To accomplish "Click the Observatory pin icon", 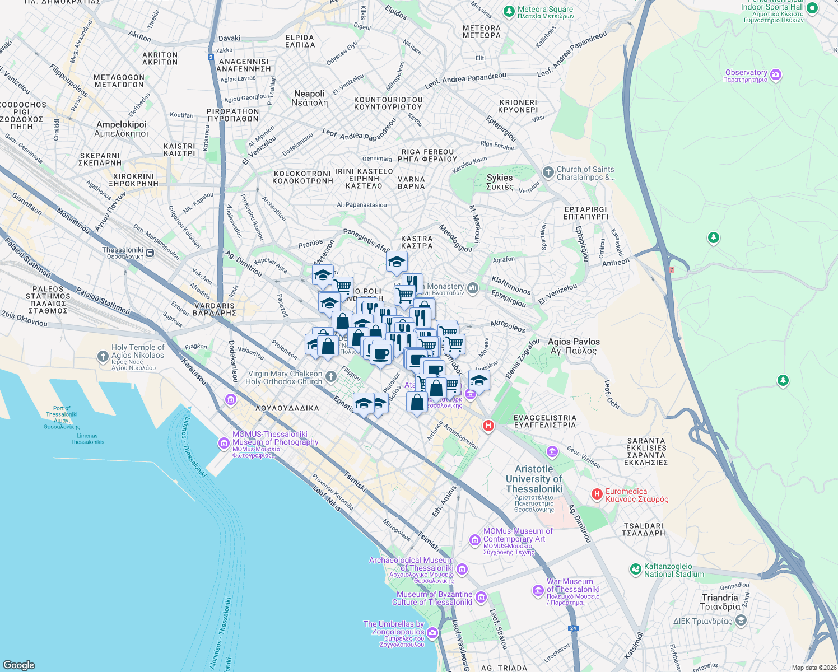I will coord(776,75).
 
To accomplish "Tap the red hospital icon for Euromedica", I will coord(597,494).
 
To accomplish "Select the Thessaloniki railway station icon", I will coord(150,253).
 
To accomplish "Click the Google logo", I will coord(18,665).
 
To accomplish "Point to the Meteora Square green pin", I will coord(509,11).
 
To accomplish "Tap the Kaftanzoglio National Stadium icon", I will coord(635,570).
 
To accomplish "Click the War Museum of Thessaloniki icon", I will coord(537,591).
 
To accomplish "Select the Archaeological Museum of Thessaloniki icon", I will coord(462,570).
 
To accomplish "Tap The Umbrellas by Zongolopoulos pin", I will coord(432,633).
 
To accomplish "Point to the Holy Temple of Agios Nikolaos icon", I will coord(103,356).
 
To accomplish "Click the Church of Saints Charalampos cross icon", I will coord(548,172).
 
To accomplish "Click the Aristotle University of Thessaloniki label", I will coord(534,479).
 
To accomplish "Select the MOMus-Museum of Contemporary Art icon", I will coord(475,540).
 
